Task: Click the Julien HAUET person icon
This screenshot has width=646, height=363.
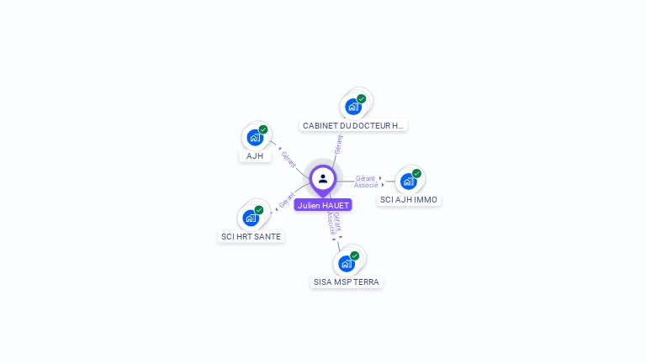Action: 323,178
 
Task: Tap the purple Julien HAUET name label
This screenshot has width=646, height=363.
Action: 323,205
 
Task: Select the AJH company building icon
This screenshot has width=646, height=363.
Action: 255,138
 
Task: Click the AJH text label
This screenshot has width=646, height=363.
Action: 255,156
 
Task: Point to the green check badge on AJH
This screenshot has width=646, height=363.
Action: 263,129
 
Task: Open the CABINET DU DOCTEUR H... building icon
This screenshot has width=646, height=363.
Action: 352,107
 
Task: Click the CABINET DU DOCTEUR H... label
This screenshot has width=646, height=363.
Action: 353,125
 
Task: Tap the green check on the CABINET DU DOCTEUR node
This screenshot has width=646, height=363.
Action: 362,98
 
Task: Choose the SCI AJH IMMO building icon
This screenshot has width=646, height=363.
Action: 408,181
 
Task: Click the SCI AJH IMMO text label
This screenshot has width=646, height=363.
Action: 409,200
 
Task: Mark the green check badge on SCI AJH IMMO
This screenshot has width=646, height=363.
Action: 416,173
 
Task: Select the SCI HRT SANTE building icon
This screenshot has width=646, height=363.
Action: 251,218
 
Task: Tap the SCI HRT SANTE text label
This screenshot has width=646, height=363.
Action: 251,237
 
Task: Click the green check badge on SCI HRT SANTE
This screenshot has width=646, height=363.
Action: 259,210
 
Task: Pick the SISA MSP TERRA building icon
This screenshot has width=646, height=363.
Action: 346,264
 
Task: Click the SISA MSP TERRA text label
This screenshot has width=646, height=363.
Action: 347,282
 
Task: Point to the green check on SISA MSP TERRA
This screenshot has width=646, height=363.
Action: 355,255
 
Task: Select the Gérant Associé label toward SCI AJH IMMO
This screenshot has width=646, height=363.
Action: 366,181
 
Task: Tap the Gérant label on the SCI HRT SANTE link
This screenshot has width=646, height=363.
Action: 287,201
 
